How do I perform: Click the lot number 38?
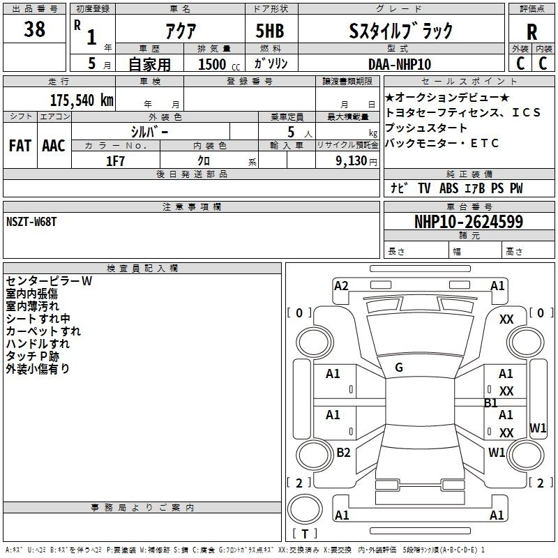(35, 30)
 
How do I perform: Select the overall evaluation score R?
(532, 32)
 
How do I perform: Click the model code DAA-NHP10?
(399, 63)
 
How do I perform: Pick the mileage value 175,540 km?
(82, 99)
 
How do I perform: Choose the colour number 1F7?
(115, 160)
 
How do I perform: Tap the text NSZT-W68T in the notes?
(32, 222)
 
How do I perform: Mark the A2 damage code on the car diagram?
(341, 285)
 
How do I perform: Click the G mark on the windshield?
(399, 368)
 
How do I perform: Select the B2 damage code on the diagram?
(343, 453)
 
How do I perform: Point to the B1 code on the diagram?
(491, 402)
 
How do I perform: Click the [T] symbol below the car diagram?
(304, 534)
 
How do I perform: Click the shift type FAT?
(19, 145)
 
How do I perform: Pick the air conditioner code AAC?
(53, 145)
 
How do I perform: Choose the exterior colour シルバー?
(149, 131)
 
